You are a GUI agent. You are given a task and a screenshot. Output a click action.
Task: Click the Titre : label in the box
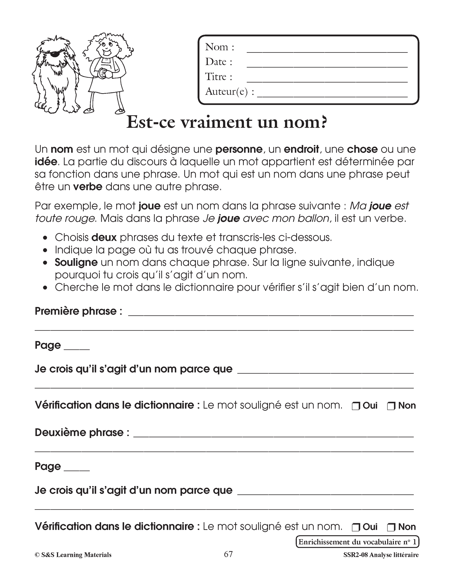tap(219, 77)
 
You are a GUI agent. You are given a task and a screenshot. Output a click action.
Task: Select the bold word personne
tap(239, 149)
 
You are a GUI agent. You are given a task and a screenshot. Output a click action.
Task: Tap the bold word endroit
tap(301, 149)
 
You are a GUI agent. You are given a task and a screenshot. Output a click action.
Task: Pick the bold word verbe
tap(88, 187)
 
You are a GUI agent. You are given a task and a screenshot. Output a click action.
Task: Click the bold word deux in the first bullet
tap(104, 237)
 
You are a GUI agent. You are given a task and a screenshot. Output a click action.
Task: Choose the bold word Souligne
tap(76, 262)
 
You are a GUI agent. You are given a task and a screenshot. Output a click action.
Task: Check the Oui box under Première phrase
tap(356, 406)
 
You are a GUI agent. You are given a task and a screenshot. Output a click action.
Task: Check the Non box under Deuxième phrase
tap(391, 527)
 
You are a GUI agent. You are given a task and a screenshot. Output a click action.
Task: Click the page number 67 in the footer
tap(228, 554)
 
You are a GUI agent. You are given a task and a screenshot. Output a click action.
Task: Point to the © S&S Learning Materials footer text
tap(73, 555)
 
